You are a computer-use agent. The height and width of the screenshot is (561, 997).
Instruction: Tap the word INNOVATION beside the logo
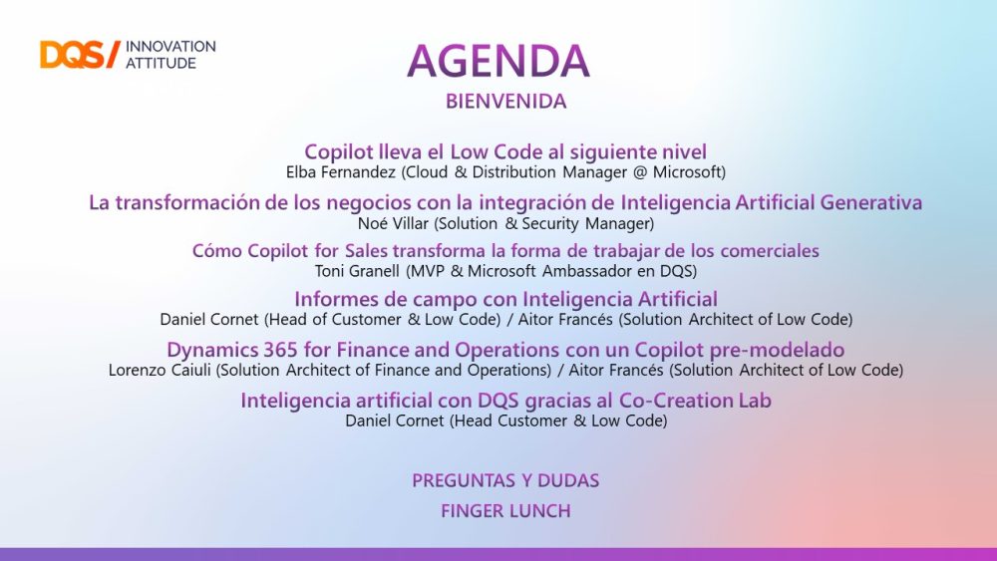(170, 47)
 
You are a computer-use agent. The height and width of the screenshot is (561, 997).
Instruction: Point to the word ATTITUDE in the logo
(161, 63)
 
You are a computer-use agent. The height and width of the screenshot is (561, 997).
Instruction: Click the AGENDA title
(498, 61)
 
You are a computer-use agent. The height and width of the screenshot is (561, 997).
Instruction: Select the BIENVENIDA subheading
(506, 102)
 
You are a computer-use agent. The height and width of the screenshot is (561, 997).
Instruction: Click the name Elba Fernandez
(341, 172)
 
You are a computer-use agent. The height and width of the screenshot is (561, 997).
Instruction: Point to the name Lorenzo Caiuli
(160, 370)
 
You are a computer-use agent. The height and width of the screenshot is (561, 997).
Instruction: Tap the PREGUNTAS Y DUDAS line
(505, 481)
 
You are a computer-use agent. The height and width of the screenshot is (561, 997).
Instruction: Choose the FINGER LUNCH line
(506, 511)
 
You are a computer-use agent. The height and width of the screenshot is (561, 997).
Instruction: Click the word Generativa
(871, 202)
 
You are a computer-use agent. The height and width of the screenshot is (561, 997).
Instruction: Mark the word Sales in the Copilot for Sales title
(366, 251)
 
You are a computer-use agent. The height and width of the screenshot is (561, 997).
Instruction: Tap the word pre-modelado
(791, 350)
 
